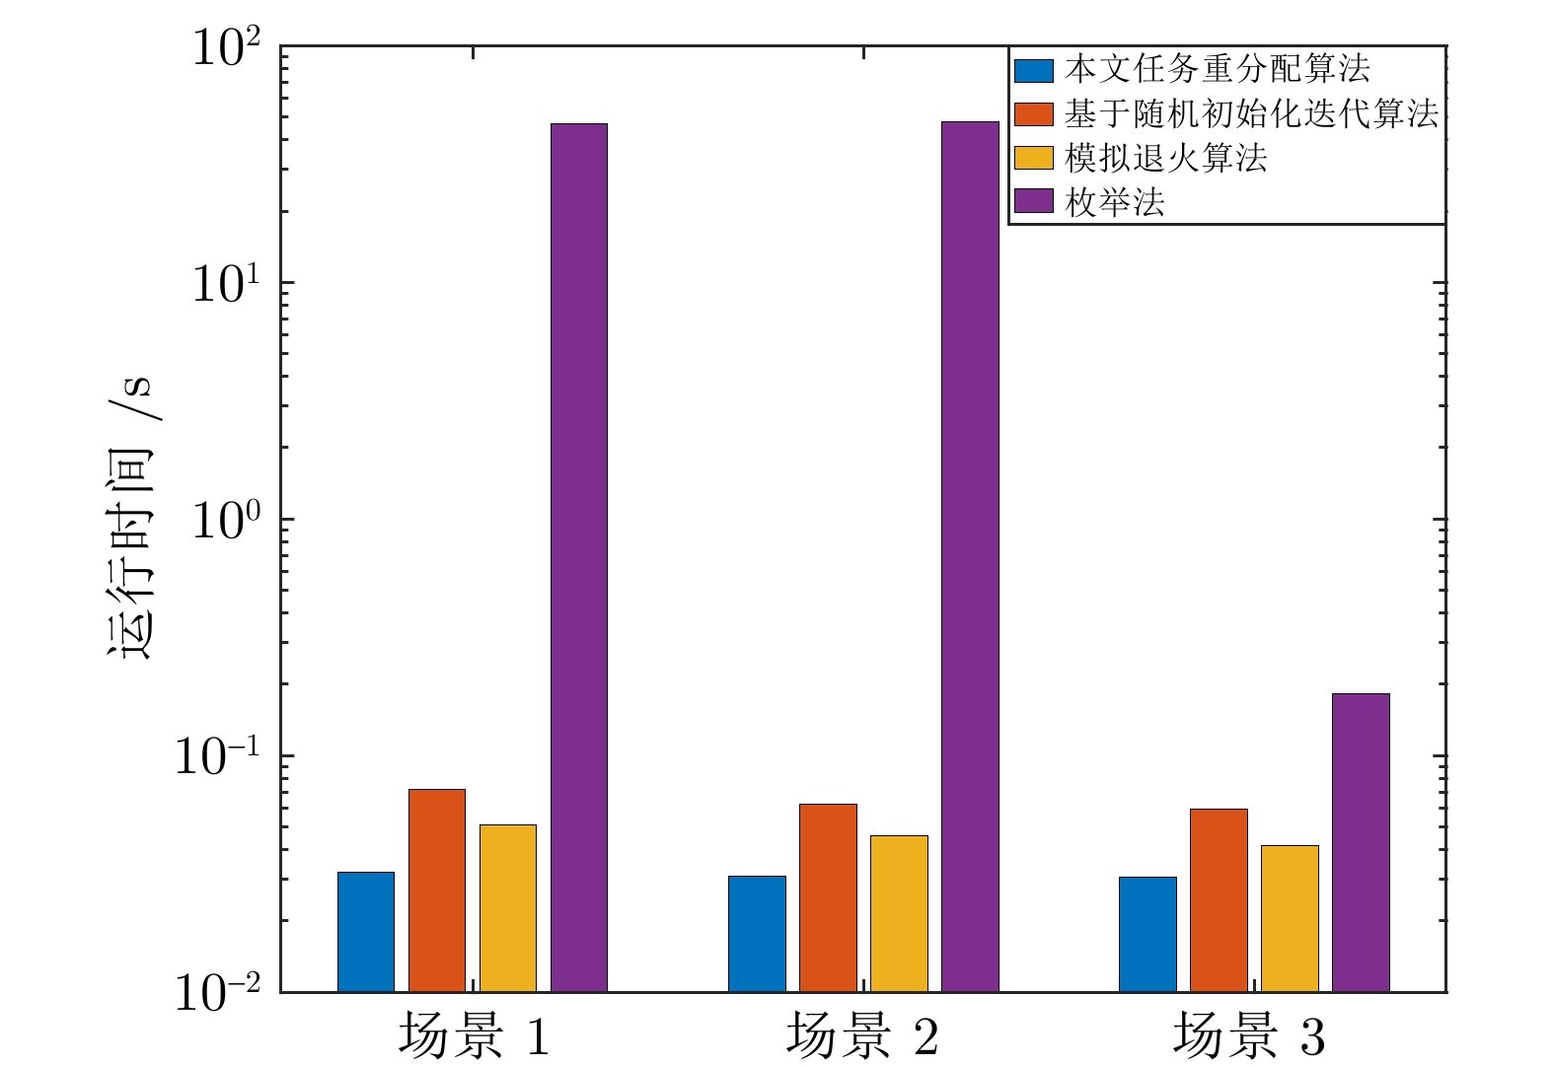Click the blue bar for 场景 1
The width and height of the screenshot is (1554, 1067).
(366, 932)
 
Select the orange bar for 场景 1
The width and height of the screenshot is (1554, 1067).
(437, 890)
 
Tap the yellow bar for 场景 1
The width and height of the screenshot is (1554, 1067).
(508, 908)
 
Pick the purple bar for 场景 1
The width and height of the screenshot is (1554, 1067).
(579, 557)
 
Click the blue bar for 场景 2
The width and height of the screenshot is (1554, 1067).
(757, 934)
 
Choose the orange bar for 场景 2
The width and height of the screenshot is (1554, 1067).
(828, 897)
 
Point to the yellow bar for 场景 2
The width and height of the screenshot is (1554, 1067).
(899, 913)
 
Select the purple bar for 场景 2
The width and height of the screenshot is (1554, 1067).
(970, 556)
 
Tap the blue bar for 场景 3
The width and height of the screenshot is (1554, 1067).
(1147, 934)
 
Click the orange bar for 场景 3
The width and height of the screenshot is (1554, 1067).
(1219, 900)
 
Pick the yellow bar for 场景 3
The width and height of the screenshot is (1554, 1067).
(1290, 918)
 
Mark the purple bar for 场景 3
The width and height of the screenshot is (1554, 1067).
(1361, 842)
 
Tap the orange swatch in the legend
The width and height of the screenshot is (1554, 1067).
(1034, 114)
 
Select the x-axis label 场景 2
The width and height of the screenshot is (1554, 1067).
(862, 1037)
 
